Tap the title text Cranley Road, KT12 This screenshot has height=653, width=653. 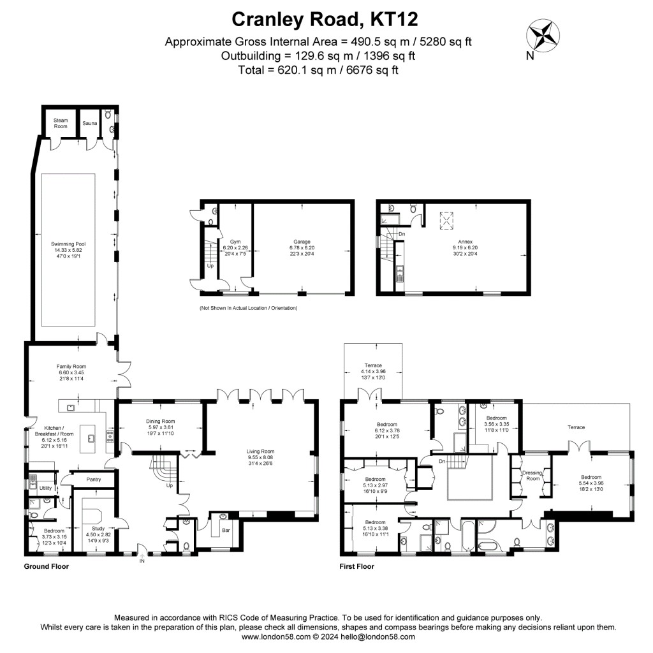coord(325,19)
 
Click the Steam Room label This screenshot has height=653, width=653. coord(61,123)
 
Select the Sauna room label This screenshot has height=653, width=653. coord(89,123)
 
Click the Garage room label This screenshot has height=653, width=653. coord(302,242)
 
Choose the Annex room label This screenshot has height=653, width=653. coord(459,242)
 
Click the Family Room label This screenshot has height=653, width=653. coord(71,367)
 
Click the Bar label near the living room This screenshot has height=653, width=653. coord(225,530)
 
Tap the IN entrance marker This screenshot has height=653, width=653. coord(142,561)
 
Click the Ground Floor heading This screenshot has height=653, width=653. coord(47,566)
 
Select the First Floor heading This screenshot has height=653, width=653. coord(357,566)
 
